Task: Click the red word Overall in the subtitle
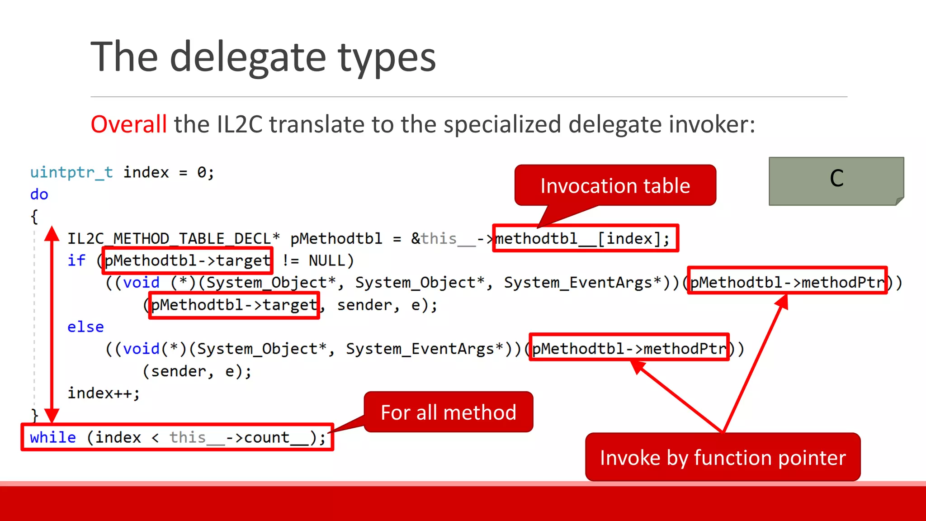(129, 124)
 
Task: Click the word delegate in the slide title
(248, 57)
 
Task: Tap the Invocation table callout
(615, 186)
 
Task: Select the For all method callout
(448, 412)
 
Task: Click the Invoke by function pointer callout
(722, 457)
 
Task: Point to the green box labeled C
(836, 180)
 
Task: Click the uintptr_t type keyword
(71, 172)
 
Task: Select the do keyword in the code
(39, 194)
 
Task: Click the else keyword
(85, 327)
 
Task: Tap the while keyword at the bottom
(52, 437)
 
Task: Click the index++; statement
(104, 393)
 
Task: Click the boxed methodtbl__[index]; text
(585, 238)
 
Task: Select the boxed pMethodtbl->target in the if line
(188, 260)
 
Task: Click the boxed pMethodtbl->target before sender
(234, 305)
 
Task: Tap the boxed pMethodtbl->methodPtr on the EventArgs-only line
(629, 349)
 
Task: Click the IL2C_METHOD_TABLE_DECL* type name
(174, 238)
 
